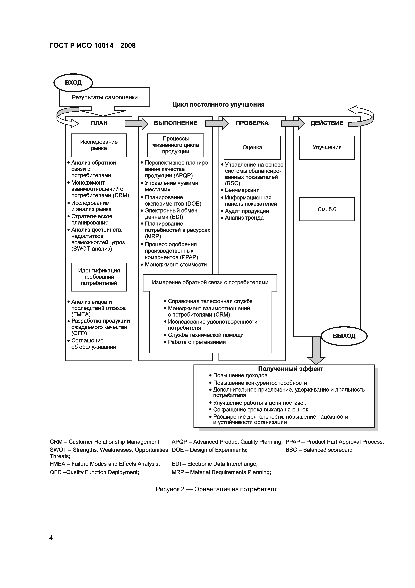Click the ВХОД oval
[x=73, y=83]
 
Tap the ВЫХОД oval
[x=344, y=336]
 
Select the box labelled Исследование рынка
[x=99, y=145]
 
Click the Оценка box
[x=252, y=148]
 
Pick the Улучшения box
[x=327, y=148]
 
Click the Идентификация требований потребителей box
[x=99, y=277]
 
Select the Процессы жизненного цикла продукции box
[x=176, y=145]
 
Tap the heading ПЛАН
[x=99, y=123]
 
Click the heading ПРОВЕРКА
[x=252, y=123]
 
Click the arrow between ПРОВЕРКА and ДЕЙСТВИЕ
[x=293, y=124]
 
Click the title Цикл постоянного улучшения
[x=218, y=105]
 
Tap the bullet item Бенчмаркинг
[x=242, y=190]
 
